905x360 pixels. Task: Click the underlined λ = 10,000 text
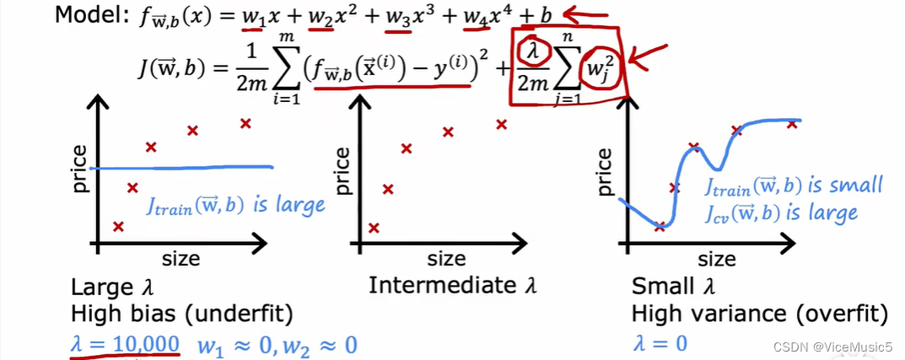point(125,344)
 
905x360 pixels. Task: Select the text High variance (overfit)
point(759,314)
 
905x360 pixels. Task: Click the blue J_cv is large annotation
point(782,212)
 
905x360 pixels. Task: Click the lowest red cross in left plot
point(118,225)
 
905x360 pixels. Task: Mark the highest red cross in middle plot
point(501,124)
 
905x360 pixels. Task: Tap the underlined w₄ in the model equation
point(473,18)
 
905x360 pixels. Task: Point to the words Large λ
point(112,286)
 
